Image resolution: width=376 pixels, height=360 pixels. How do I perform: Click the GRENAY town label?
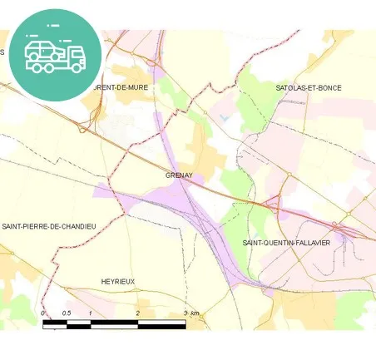click(x=179, y=175)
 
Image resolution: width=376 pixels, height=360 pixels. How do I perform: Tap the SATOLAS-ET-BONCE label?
click(x=309, y=87)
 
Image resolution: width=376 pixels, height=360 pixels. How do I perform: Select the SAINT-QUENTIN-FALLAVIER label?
click(x=286, y=242)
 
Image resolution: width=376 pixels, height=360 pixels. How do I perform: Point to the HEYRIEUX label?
click(x=117, y=282)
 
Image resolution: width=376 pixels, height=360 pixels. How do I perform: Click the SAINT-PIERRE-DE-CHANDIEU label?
click(x=49, y=226)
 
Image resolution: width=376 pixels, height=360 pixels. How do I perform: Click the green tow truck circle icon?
click(x=56, y=55)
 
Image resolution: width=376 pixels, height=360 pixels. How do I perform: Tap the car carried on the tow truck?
click(x=42, y=50)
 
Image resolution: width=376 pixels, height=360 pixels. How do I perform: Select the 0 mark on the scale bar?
click(x=42, y=313)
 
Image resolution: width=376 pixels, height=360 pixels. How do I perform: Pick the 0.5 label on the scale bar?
click(x=67, y=313)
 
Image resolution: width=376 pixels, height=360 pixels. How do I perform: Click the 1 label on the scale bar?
click(x=90, y=313)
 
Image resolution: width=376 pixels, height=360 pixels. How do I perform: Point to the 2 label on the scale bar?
click(x=137, y=313)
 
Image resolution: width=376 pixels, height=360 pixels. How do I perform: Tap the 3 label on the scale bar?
click(x=185, y=313)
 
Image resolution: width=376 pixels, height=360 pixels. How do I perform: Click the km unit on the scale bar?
click(x=195, y=313)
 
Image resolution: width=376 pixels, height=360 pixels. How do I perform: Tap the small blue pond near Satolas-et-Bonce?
click(x=224, y=117)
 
